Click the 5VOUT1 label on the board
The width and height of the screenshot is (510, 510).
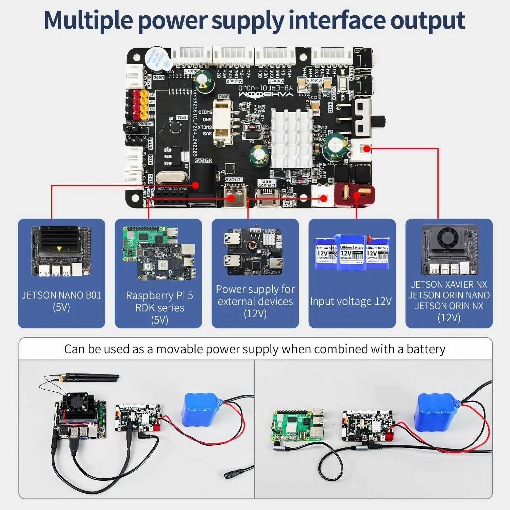(234, 180)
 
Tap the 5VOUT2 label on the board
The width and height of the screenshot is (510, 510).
(203, 160)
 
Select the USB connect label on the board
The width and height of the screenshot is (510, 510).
(267, 183)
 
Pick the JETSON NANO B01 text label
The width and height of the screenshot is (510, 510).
(62, 295)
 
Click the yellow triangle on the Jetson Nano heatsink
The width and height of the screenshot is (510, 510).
(59, 249)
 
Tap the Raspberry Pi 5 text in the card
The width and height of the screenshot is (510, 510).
(159, 295)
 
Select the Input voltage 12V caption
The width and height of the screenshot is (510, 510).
(351, 301)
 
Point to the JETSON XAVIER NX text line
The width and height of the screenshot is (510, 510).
(449, 284)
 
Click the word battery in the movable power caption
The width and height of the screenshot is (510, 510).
(426, 349)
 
